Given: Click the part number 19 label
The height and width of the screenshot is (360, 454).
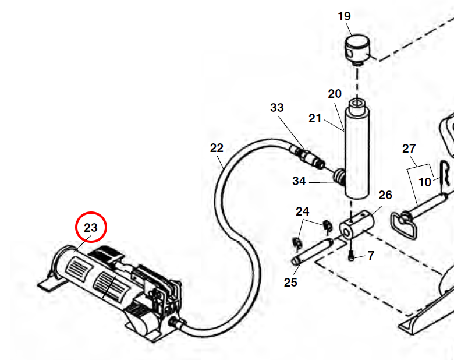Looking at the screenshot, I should point(345,16).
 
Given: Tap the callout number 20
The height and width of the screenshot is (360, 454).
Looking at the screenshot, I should point(335,94).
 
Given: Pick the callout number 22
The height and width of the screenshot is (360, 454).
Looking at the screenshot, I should point(217,148).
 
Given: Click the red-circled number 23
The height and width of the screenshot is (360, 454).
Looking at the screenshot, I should point(91,228).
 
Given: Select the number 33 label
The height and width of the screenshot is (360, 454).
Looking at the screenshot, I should point(277,108).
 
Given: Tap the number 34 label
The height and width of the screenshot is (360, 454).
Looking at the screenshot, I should point(299,181).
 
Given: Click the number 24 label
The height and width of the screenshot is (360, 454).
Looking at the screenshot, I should point(302,211).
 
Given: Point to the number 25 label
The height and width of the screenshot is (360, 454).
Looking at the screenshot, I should point(290,283).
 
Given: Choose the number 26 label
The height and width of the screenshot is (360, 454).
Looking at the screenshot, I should point(385,195).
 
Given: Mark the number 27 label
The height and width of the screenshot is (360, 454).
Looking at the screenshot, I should point(409,149).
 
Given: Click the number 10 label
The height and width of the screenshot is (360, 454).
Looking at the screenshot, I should point(425,182).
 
